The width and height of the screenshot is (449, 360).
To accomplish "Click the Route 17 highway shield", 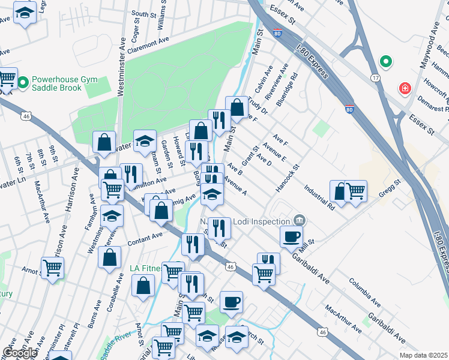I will pos(375,78).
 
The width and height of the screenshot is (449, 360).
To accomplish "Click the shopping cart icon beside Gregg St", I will pos(356,191).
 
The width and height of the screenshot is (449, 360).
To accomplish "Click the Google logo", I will pos(20,353).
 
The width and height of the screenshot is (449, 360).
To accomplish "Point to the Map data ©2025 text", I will pos(423,355).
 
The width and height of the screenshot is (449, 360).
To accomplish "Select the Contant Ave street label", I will pos(145,239).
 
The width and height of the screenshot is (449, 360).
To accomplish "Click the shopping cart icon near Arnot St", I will pos(52,268).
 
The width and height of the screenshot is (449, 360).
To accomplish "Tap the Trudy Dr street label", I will pos(256,106).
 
